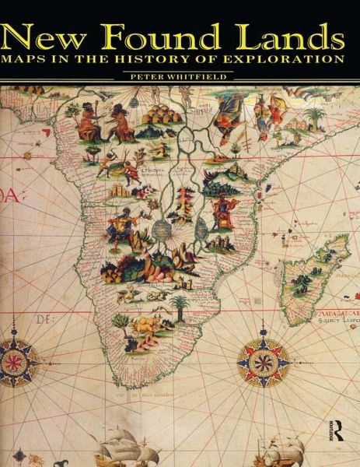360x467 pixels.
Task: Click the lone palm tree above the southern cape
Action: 180,303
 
